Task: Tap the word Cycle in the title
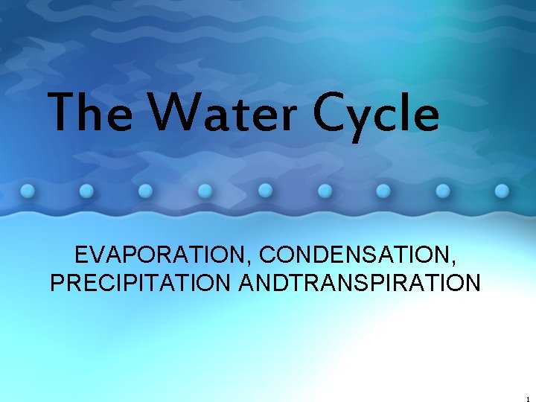376,115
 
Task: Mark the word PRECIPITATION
141,284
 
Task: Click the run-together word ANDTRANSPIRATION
360,284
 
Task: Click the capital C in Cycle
330,114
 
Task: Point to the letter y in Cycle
363,121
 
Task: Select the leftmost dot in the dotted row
28,190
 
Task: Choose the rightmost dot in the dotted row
502,190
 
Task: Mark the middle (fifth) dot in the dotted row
264,190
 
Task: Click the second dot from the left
87,190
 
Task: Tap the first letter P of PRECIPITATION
57,284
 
